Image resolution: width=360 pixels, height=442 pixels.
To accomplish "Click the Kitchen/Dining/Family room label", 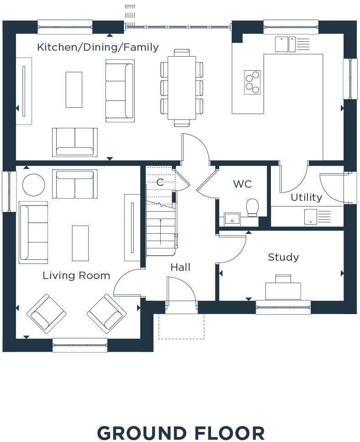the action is (x=98, y=47).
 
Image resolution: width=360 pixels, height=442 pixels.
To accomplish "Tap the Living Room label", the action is (x=76, y=275).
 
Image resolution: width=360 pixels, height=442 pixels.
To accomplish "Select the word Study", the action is (x=283, y=258).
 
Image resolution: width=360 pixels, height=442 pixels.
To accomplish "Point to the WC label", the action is (x=242, y=184).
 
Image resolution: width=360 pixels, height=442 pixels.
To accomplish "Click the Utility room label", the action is (x=306, y=197).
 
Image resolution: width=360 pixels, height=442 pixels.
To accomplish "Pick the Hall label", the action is (x=180, y=267).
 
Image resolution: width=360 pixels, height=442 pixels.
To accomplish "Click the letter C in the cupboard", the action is (x=160, y=182).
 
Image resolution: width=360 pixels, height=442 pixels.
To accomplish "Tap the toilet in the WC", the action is (x=252, y=208).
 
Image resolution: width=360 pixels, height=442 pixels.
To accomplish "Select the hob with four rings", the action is (x=252, y=82).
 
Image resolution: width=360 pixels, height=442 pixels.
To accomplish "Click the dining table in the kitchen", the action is (x=182, y=88).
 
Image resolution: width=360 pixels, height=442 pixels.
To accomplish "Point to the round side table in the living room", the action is (x=33, y=185).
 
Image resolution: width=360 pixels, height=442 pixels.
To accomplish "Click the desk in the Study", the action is (x=283, y=290).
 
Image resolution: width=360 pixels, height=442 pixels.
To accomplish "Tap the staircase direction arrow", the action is (x=160, y=232).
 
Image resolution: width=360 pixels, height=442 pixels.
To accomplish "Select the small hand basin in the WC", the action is (x=232, y=219).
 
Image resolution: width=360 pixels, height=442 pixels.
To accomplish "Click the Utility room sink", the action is (x=310, y=217).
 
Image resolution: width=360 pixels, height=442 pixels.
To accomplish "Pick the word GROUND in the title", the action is (x=142, y=433).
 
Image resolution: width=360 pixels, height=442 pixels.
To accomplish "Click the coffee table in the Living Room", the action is (x=80, y=243).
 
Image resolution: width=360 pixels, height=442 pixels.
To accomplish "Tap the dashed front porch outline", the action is (x=181, y=326).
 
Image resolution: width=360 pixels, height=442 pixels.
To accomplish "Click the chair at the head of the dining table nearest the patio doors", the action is (x=182, y=53).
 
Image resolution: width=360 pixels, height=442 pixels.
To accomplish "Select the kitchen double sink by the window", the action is (x=285, y=44).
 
